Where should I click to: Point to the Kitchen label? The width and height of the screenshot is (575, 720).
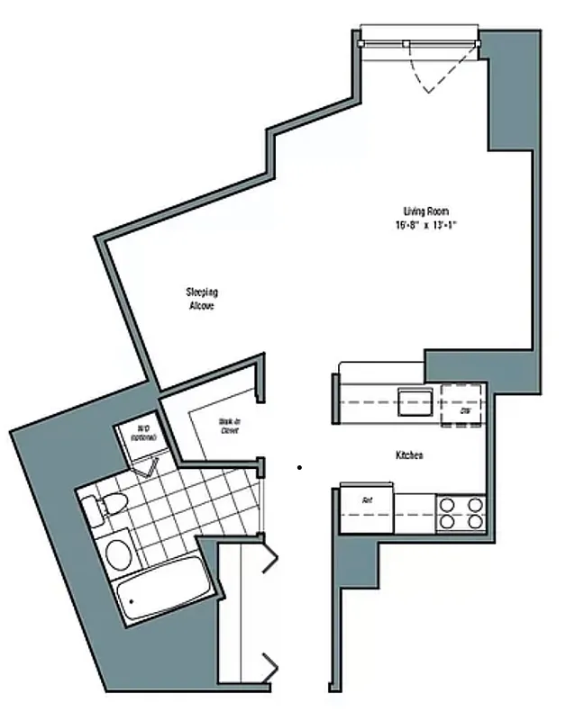[x=409, y=456]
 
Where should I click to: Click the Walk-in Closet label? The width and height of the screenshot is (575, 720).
[x=229, y=425]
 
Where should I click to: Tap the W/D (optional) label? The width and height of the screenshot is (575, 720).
[x=142, y=433]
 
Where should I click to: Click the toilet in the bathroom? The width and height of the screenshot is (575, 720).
[x=100, y=509]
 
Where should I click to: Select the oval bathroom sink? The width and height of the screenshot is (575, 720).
[x=116, y=553]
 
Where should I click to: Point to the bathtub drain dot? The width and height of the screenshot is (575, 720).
[x=132, y=599]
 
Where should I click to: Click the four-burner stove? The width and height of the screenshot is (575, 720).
[x=460, y=513]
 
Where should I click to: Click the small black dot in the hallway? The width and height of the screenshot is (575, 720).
[x=300, y=467]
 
